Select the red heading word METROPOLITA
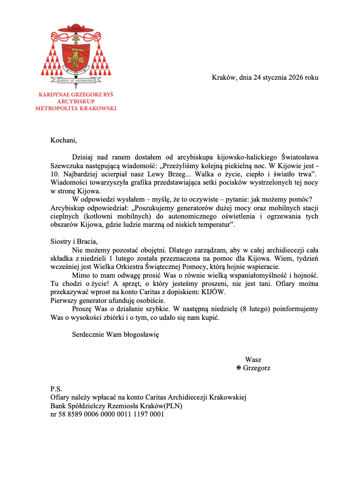pyautogui.click(x=56, y=109)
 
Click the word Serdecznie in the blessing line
pyautogui.click(x=88, y=335)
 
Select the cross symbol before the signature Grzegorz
pyautogui.click(x=238, y=368)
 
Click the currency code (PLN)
pyautogui.click(x=179, y=406)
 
